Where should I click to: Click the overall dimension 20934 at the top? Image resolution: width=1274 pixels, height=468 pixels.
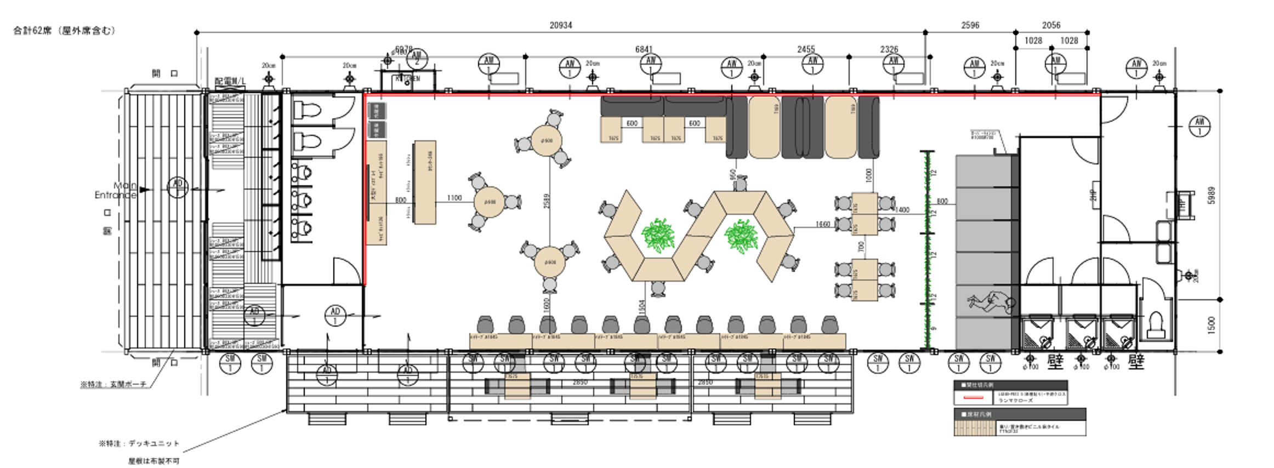560,25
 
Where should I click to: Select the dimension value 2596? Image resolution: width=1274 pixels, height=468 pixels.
970,25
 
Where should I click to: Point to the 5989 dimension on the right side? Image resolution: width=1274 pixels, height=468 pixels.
1211,195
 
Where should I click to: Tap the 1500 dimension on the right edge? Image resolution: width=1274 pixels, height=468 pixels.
1211,324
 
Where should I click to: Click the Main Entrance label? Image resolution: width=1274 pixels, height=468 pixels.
116,190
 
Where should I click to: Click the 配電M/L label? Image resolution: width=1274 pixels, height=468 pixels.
230,82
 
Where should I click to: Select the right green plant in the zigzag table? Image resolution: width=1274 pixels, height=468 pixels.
741,236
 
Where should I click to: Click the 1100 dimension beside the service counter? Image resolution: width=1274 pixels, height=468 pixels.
454,198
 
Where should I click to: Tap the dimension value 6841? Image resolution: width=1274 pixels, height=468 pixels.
644,49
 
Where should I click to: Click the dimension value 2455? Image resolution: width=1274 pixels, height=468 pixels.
806,49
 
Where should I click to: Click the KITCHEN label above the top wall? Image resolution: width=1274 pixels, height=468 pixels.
407,79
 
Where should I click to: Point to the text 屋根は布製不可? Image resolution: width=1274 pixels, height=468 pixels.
153,461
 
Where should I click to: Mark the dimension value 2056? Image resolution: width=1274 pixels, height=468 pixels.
1051,25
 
